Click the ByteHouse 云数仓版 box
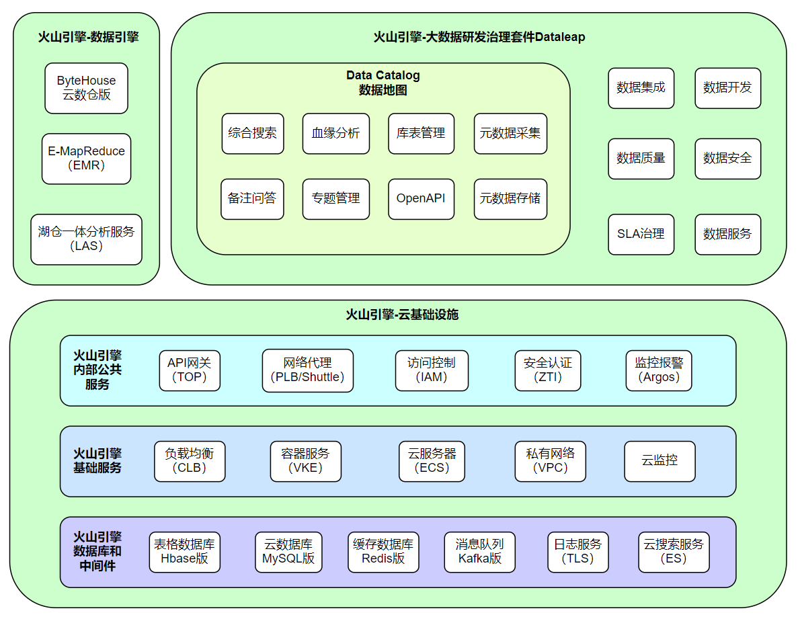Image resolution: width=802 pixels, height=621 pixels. (86, 88)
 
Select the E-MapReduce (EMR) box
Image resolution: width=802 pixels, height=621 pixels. (86, 159)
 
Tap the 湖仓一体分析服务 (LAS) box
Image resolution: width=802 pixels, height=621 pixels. (86, 239)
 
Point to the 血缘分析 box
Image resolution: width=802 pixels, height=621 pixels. (335, 133)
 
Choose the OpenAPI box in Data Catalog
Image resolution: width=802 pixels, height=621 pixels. (421, 198)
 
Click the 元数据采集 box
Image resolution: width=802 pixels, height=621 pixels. (510, 133)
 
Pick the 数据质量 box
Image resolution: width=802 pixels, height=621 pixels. (641, 159)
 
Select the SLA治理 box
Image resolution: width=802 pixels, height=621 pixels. (641, 234)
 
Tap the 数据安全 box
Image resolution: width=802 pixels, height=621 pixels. (727, 159)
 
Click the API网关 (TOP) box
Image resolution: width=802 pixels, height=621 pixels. (190, 370)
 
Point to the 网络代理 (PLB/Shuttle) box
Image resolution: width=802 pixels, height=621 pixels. (307, 370)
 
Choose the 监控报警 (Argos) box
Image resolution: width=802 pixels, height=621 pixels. (658, 370)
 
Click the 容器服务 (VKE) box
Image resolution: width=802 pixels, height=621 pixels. (305, 461)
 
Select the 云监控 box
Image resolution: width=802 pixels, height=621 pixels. (659, 461)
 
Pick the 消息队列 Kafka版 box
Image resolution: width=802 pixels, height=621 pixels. (479, 552)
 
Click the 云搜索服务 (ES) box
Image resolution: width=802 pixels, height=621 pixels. (674, 552)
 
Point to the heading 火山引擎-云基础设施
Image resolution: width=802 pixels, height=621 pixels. (401, 315)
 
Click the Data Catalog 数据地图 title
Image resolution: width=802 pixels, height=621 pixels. (383, 83)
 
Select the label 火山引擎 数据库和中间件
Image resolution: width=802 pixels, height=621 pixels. (97, 552)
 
